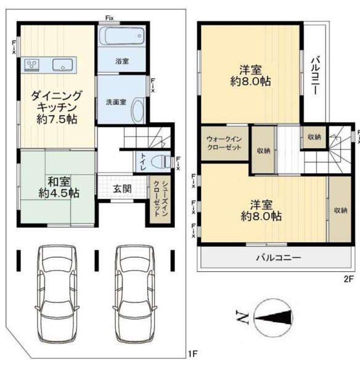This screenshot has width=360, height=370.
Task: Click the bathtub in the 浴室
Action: (x=121, y=36)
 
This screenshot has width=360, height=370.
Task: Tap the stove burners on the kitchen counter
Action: (x=31, y=64)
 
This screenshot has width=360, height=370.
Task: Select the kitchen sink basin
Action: (x=62, y=65)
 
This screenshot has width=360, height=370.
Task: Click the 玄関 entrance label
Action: (x=121, y=189)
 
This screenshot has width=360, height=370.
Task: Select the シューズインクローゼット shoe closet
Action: (x=160, y=199)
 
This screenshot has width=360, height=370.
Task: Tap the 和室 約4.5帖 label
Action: (x=59, y=187)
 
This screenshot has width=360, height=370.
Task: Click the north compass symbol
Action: (x=273, y=318)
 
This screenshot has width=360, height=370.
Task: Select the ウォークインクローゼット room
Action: (x=224, y=143)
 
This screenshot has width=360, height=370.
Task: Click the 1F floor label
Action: (x=193, y=354)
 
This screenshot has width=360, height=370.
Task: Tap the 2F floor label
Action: (x=349, y=279)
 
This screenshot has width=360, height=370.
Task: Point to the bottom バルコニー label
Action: (x=279, y=257)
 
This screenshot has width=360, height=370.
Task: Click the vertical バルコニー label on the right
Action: (x=315, y=75)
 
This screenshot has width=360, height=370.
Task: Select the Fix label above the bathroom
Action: (x=110, y=18)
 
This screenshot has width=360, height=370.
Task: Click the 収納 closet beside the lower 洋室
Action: (x=340, y=210)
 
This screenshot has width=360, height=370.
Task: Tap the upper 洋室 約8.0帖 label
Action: (x=250, y=75)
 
